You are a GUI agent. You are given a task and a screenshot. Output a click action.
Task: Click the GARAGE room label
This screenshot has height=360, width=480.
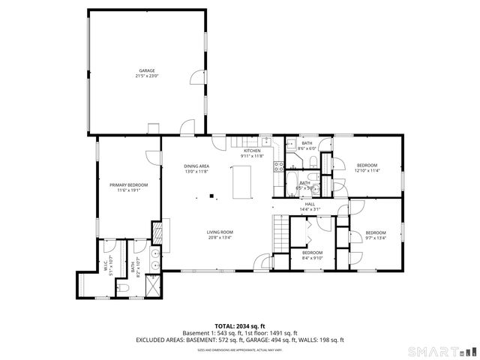tap(146, 70)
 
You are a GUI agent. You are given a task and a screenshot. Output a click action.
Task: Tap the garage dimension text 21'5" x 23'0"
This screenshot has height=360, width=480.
tap(146, 76)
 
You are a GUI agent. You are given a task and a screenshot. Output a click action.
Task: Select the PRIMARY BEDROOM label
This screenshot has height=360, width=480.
tap(128, 185)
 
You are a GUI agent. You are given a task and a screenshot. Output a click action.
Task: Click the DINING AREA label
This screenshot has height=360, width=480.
tap(196, 166)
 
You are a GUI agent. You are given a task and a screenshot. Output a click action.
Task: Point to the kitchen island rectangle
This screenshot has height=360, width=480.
tap(241, 182)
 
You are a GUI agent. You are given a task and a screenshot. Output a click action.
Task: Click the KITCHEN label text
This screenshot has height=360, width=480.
tap(252, 151)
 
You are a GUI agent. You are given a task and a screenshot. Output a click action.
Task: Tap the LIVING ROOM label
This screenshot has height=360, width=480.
tap(220, 232)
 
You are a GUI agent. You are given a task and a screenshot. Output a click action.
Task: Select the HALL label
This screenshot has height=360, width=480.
tap(310, 203)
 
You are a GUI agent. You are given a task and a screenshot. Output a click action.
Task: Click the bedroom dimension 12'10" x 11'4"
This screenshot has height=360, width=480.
tap(367, 170)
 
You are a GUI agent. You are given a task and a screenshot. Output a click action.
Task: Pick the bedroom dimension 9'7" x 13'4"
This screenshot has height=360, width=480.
tap(375, 238)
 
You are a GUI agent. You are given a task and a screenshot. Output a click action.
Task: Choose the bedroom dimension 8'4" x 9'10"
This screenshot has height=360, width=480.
tap(312, 257)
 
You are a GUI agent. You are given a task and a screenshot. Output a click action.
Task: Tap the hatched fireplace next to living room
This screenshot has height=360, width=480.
tap(157, 232)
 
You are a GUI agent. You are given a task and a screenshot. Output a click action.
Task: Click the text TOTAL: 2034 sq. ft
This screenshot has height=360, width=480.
tap(239, 326)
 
